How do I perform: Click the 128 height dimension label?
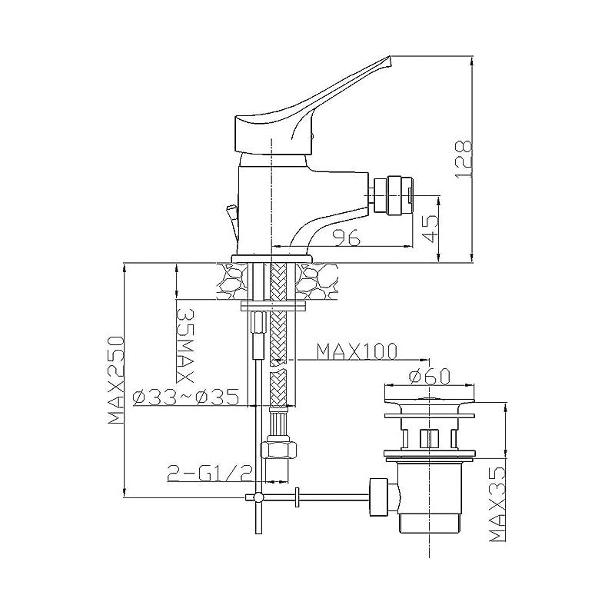(464, 159)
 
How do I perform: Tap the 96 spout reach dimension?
(346, 238)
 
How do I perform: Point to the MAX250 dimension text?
(116, 380)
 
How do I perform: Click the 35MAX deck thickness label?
(184, 345)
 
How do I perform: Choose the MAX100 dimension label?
(357, 351)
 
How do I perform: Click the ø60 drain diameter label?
(429, 377)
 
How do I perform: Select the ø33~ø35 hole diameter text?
(186, 398)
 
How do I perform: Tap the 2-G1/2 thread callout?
(208, 474)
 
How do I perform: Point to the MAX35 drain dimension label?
(498, 504)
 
